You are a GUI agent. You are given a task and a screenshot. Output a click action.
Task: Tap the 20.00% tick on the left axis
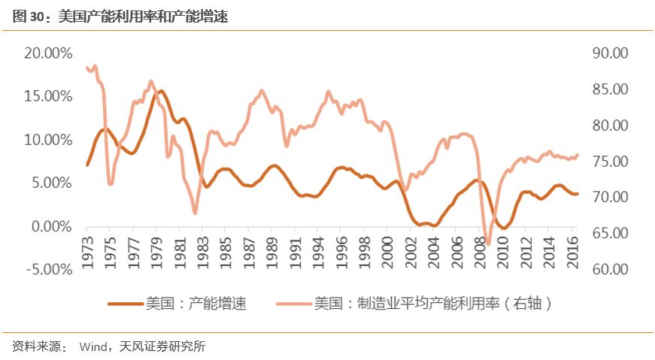coord(47,53)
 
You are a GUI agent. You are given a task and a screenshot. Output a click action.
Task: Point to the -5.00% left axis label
coord(47,270)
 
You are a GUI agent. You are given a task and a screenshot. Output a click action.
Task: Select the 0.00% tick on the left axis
coord(51,226)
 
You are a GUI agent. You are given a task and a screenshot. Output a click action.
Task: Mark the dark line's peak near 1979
coord(160,91)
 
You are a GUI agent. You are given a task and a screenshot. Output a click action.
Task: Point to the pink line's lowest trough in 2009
coord(487,244)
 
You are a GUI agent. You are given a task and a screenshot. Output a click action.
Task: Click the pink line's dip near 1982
coord(196,213)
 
